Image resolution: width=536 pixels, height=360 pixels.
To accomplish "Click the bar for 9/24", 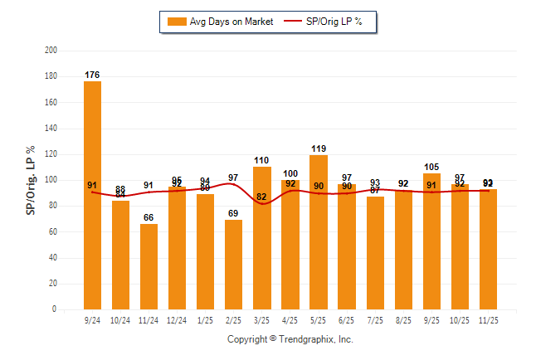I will [92, 195].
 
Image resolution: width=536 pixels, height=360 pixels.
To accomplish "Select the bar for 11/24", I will [149, 266].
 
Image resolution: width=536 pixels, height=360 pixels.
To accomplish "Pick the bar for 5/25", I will [318, 232].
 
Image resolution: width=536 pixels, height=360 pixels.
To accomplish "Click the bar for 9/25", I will [431, 241].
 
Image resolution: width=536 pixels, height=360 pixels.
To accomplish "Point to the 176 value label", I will [92, 75].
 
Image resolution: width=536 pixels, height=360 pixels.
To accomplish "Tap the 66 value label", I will [149, 218].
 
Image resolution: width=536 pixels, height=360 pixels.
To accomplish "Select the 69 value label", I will [233, 214].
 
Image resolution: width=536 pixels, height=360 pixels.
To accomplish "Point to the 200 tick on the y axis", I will [51, 51].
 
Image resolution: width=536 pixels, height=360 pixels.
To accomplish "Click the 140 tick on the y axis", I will [51, 129].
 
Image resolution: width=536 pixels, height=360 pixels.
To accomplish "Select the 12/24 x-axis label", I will [177, 319].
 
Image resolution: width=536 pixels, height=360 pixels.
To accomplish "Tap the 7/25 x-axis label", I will [375, 319].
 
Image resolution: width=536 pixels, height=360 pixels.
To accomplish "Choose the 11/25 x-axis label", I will [488, 319].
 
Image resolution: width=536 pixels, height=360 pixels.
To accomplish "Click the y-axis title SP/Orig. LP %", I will [32, 180].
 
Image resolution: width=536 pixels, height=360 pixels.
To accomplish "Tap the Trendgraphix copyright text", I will [290, 339].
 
